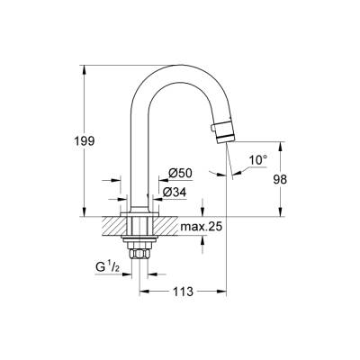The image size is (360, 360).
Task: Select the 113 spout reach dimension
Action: click(183, 291)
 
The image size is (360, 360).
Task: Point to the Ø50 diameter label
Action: click(179, 173)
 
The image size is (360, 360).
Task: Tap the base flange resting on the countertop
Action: click(139, 212)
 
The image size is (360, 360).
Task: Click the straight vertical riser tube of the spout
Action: click(139, 153)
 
